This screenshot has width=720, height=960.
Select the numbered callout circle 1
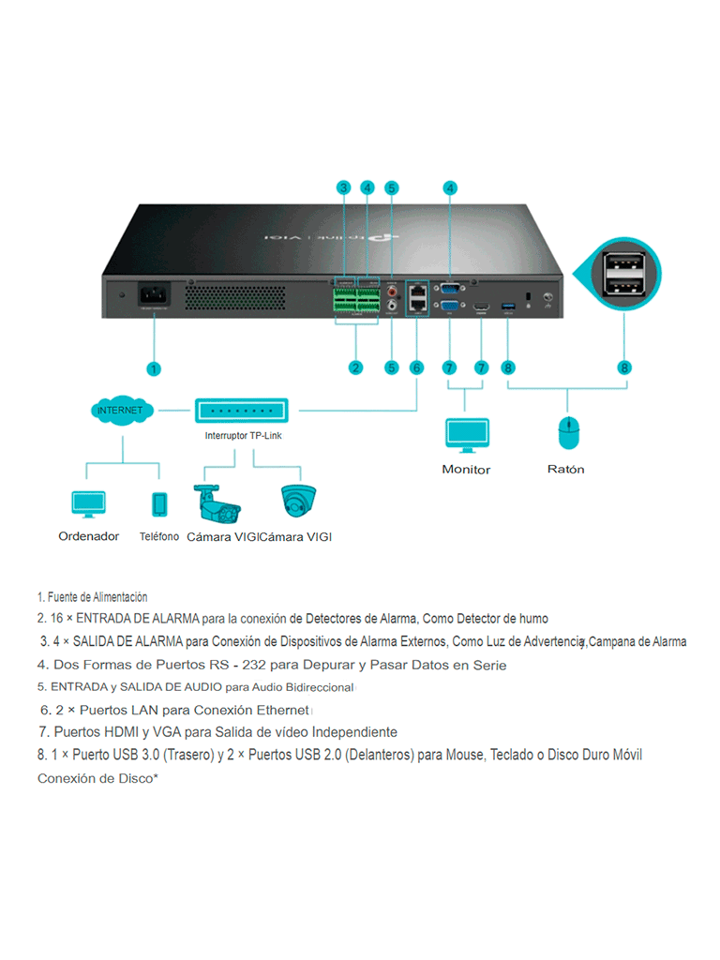pos(154,368)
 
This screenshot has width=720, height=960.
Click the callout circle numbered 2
pos(355,368)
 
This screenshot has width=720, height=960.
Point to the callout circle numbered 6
pos(417,368)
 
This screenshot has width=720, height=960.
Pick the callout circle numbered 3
pos(344,188)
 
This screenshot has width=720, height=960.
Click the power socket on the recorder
pos(153,296)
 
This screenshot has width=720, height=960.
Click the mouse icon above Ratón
pos(566,433)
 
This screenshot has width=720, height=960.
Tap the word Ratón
pos(565,469)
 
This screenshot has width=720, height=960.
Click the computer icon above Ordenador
pos(89,504)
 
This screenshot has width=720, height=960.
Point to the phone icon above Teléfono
pos(159,504)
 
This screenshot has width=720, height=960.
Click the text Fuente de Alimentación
pos(97,597)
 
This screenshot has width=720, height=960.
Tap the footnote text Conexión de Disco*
pos(97,779)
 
